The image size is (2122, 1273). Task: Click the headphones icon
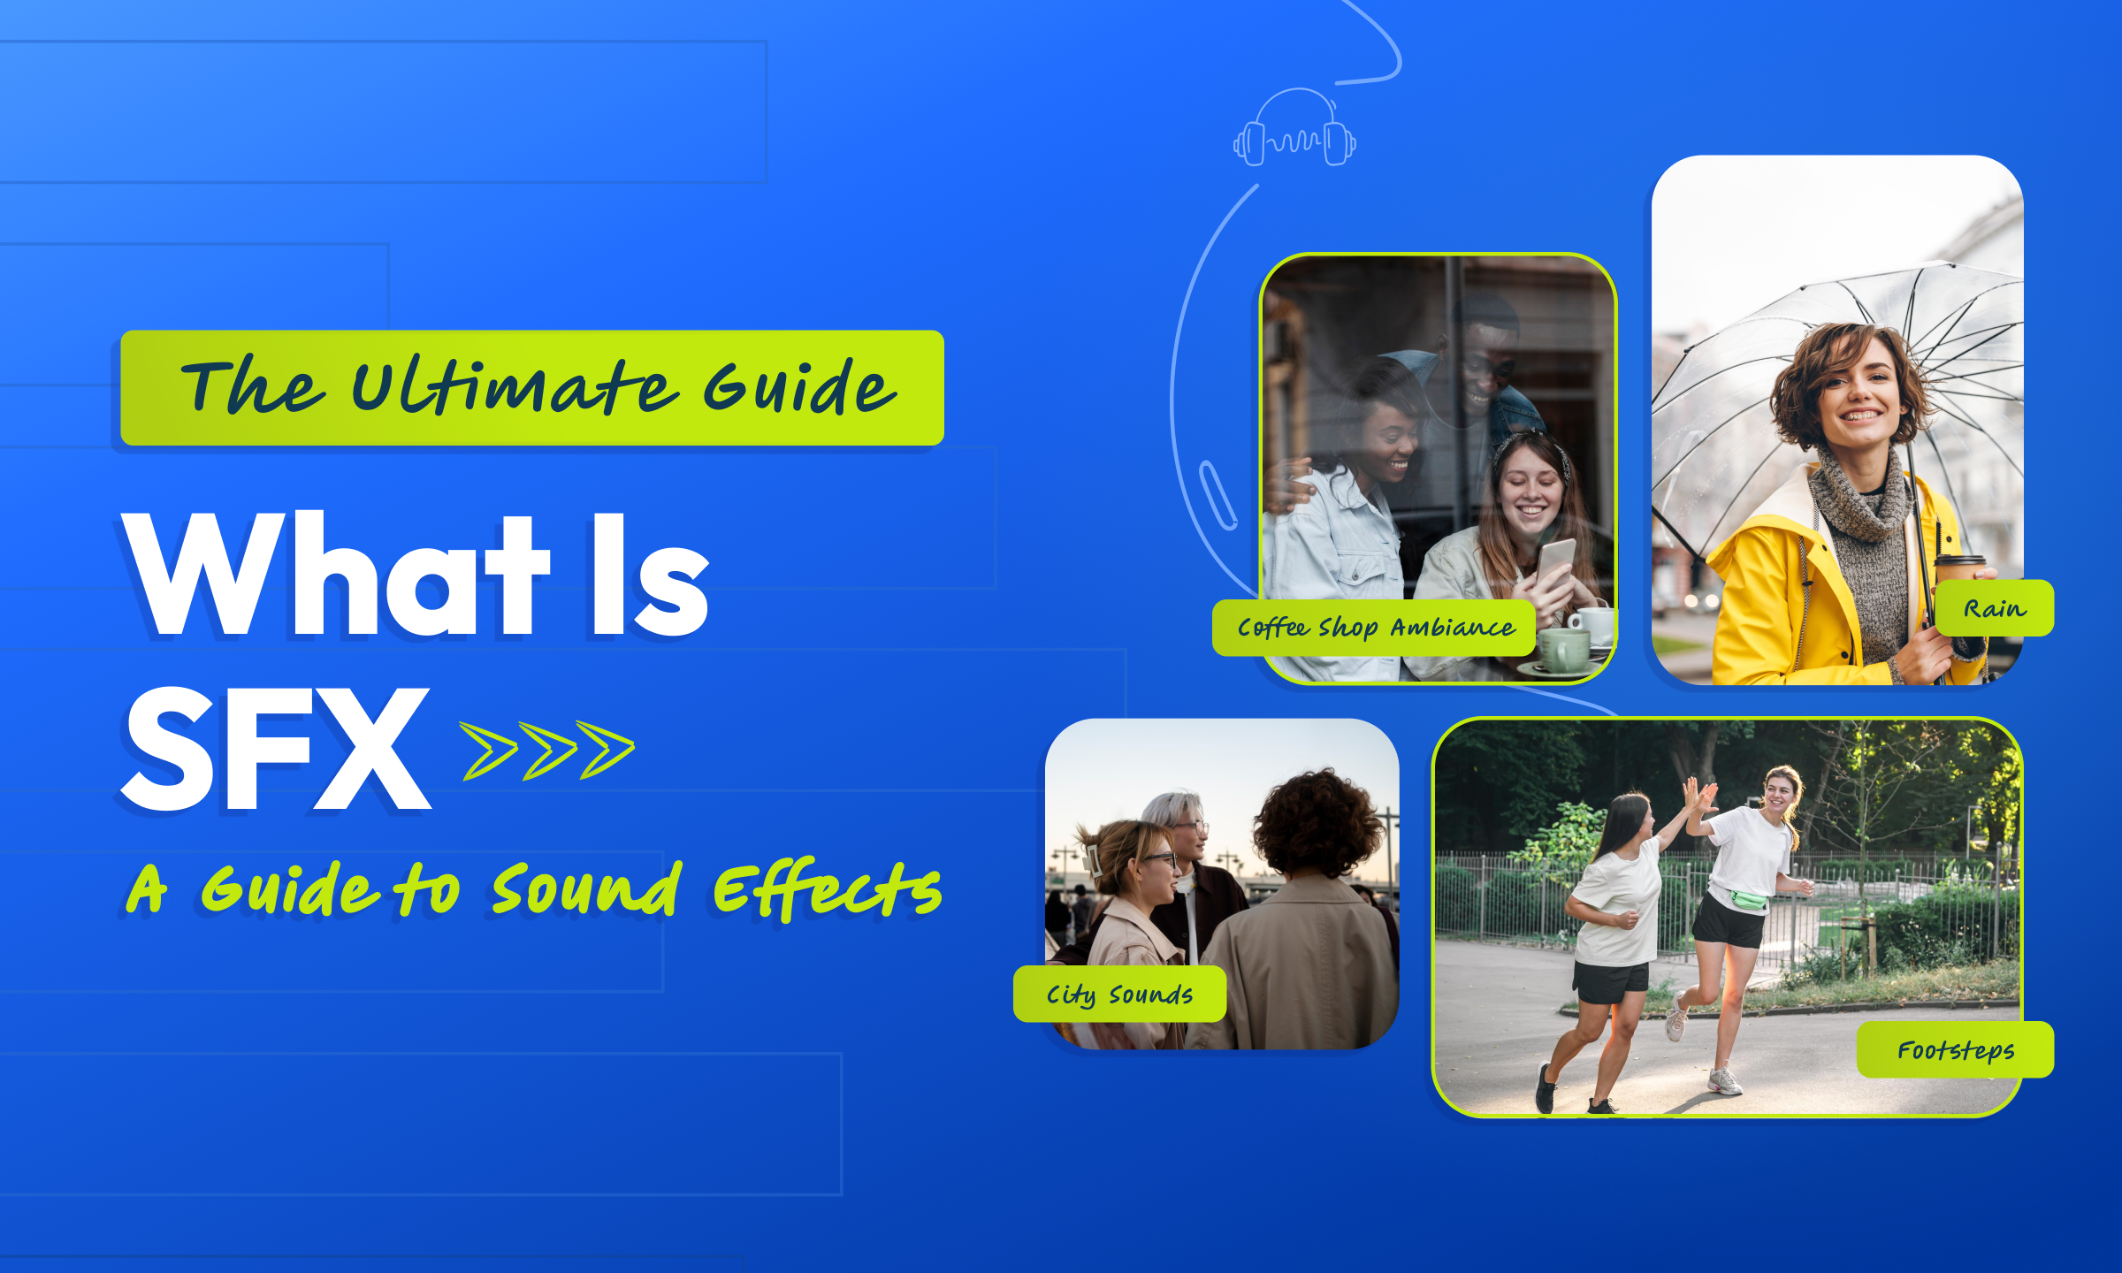[1294, 127]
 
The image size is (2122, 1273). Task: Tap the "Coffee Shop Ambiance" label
[1374, 628]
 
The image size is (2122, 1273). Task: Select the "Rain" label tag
[1995, 608]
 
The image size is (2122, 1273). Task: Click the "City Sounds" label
[1119, 995]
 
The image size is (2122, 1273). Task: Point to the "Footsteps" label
[1955, 1050]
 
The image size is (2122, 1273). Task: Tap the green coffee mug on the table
[1564, 651]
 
